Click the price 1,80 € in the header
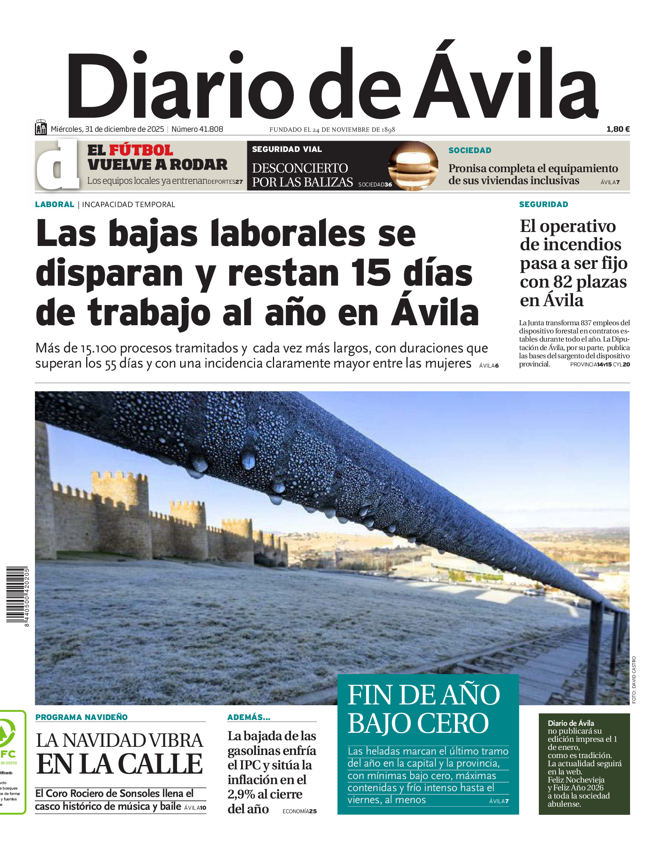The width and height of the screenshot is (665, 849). [x=618, y=129]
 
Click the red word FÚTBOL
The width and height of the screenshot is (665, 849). [x=141, y=150]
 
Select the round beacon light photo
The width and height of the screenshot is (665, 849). [x=413, y=166]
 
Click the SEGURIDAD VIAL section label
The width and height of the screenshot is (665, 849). [x=287, y=149]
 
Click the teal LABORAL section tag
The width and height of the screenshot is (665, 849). [x=54, y=204]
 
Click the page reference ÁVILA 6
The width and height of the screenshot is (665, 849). [x=489, y=366]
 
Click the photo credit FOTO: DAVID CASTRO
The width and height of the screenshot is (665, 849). [x=634, y=680]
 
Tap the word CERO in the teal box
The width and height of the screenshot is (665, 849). [x=454, y=723]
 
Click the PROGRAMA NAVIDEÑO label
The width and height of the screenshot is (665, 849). [x=82, y=717]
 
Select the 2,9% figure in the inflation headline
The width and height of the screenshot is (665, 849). [x=244, y=794]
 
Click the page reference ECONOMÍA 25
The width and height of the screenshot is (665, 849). [x=299, y=811]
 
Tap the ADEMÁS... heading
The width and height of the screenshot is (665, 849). [x=248, y=717]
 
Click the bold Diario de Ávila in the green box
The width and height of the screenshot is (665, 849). [x=571, y=723]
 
